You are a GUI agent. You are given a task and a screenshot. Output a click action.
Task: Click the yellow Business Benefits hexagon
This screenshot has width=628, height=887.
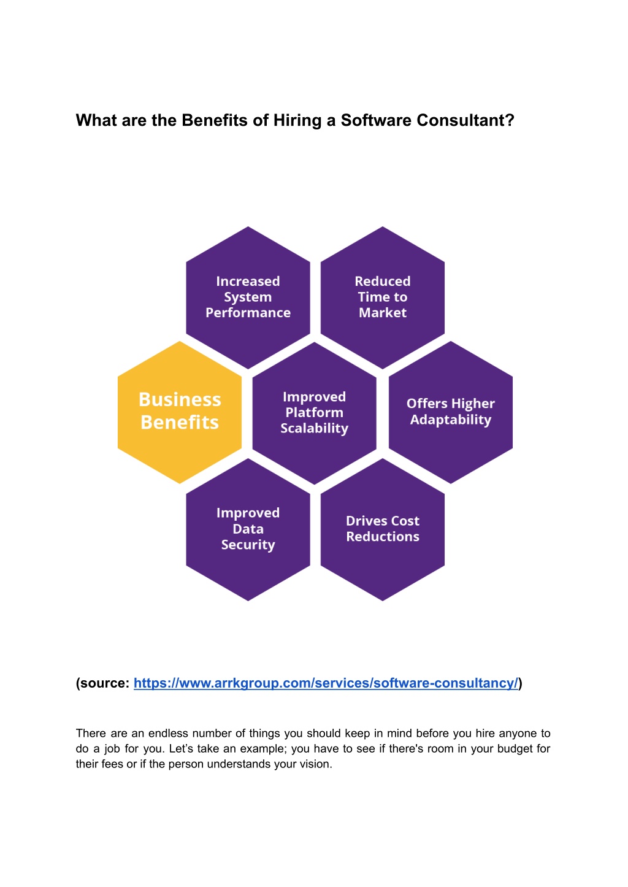179,412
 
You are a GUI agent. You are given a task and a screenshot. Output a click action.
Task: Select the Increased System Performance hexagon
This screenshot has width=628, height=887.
248,298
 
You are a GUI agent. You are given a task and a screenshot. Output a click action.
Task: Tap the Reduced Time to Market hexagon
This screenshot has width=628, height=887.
383,298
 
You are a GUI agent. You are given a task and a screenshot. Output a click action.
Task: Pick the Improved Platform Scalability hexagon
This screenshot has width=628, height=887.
315,413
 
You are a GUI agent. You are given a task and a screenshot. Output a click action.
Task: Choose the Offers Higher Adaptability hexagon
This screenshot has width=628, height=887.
451,412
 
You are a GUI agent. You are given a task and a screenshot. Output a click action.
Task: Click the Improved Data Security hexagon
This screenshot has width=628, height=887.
248,529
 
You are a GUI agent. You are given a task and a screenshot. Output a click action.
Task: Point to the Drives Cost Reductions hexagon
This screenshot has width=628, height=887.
383,529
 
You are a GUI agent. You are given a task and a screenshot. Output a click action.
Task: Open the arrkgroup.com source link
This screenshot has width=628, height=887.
326,683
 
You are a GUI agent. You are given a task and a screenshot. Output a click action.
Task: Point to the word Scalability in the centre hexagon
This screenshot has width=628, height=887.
315,428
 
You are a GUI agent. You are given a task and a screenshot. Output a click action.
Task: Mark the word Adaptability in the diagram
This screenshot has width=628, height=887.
451,420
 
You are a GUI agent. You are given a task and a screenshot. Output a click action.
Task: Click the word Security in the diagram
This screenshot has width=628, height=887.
248,545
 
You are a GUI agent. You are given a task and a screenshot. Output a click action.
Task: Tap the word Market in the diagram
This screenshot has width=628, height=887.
383,313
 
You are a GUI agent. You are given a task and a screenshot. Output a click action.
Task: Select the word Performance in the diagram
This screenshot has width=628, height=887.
248,313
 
